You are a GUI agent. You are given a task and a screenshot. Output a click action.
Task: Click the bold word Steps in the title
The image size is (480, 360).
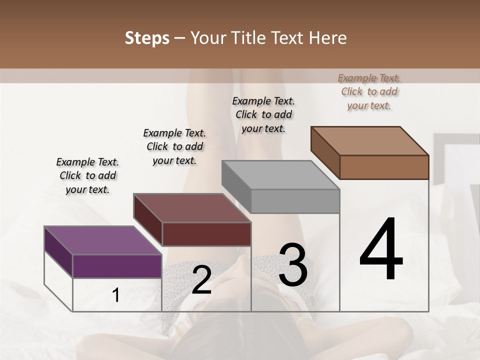pos(147,38)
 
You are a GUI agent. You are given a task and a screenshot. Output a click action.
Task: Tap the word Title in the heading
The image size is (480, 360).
pos(248,38)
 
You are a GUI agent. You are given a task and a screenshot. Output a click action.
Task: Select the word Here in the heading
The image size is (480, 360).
pos(328,38)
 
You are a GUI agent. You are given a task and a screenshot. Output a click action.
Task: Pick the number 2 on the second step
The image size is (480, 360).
pos(201,280)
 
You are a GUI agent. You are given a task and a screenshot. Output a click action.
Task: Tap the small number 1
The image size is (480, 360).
pos(116,295)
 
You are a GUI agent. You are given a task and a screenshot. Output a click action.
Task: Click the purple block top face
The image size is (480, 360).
pos(102,240)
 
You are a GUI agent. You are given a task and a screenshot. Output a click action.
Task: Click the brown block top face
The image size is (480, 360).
pos(370,140)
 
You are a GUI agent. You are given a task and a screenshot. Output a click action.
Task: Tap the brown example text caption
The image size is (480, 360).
pos(369,91)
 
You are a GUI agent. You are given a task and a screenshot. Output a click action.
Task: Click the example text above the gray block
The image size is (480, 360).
pos(263,114)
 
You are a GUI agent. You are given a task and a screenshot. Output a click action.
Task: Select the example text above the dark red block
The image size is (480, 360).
pos(174,146)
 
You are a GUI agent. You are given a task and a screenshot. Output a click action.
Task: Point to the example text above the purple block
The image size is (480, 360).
pos(87,175)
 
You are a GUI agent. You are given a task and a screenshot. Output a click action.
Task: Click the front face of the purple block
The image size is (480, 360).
pos(117,266)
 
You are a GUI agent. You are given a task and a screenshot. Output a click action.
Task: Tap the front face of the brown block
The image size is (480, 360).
pos(384,167)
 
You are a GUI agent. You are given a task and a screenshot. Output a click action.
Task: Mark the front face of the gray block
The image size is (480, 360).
pos(295,201)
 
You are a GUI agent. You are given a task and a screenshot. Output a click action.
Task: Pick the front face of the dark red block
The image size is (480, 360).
pos(206,234)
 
